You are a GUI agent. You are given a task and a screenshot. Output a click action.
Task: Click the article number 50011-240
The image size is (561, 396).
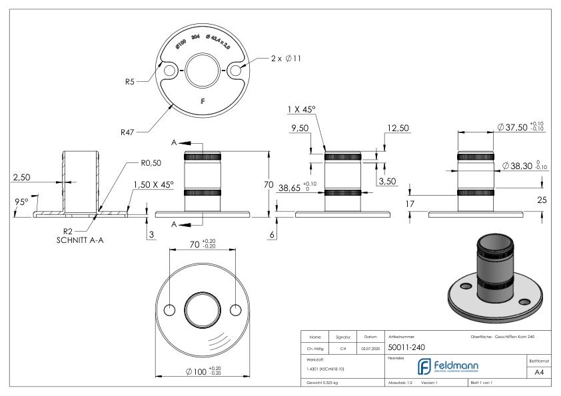click(x=407, y=347)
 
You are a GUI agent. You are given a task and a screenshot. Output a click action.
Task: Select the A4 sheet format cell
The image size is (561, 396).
click(x=541, y=374)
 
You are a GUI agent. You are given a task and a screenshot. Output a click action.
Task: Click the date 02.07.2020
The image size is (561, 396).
click(x=370, y=347)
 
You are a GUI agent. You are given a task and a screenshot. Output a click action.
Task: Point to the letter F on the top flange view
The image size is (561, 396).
click(x=203, y=102)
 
